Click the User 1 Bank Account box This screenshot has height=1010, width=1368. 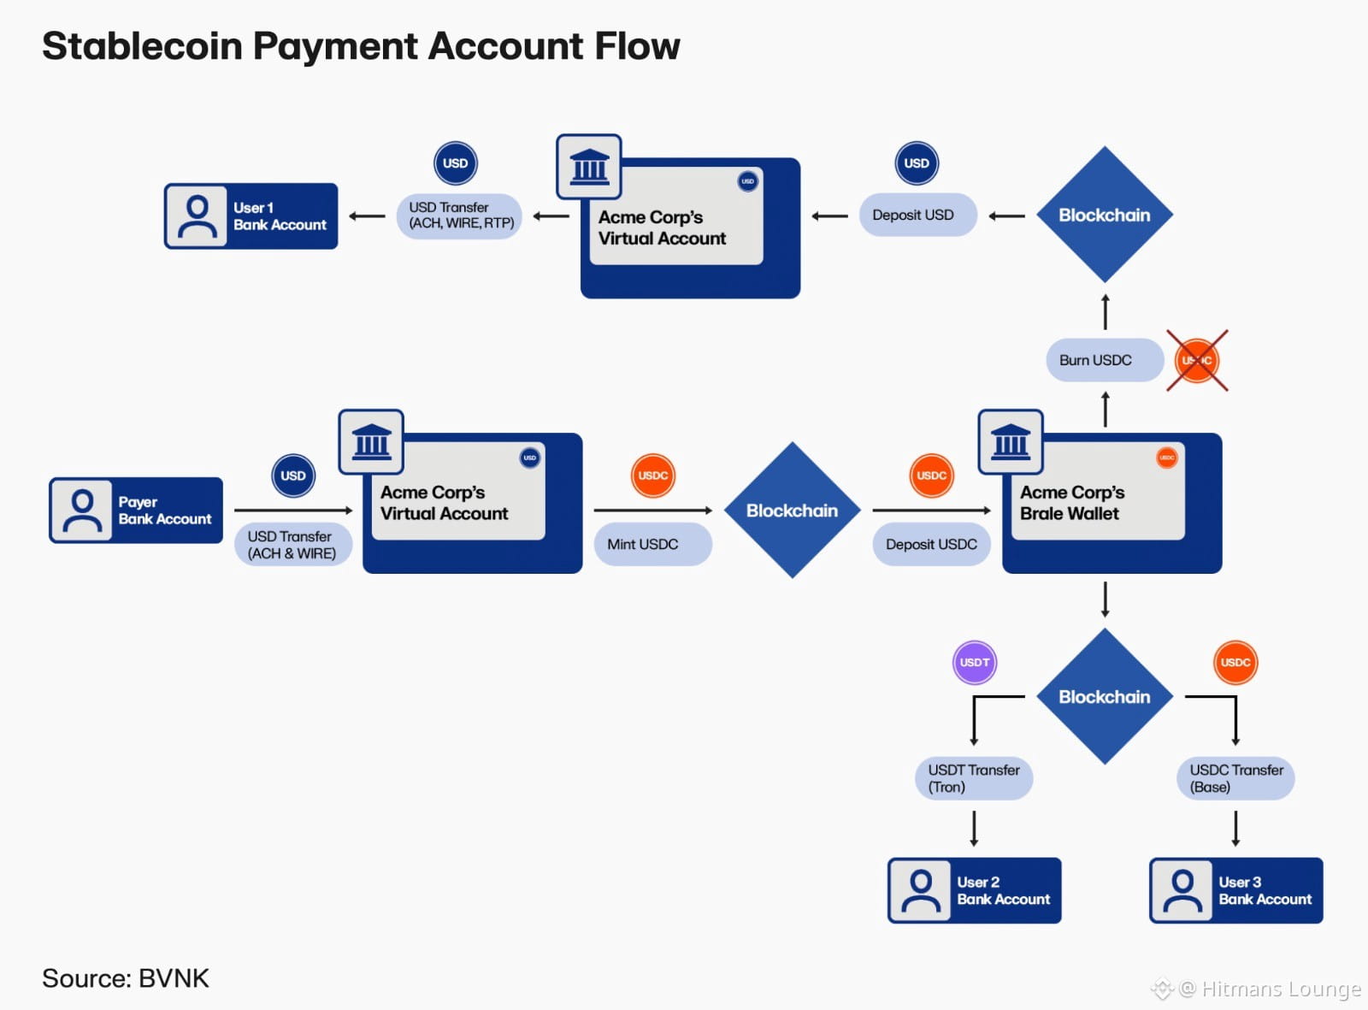pyautogui.click(x=251, y=216)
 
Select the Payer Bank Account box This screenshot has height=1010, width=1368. pyautogui.click(x=137, y=511)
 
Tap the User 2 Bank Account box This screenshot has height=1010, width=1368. pyautogui.click(x=975, y=890)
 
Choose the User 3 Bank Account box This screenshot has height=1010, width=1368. pyautogui.click(x=1236, y=890)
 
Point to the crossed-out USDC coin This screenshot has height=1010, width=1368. pyautogui.click(x=1197, y=361)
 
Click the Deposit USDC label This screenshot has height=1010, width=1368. pyautogui.click(x=931, y=545)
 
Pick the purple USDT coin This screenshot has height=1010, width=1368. pyautogui.click(x=975, y=663)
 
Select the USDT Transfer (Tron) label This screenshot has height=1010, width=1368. pyautogui.click(x=974, y=778)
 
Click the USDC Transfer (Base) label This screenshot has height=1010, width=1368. pyautogui.click(x=1235, y=778)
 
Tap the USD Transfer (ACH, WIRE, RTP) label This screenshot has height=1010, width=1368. pyautogui.click(x=460, y=216)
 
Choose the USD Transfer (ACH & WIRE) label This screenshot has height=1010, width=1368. pyautogui.click(x=292, y=545)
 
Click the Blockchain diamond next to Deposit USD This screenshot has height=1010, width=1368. pyautogui.click(x=1105, y=216)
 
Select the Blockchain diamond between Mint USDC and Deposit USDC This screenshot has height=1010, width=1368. pyautogui.click(x=793, y=511)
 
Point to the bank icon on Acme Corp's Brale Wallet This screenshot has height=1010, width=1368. pyautogui.click(x=1011, y=442)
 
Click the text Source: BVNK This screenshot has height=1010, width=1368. pyautogui.click(x=126, y=978)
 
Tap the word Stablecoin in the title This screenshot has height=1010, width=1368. pyautogui.click(x=142, y=46)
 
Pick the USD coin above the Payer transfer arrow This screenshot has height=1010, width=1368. pyautogui.click(x=293, y=476)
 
